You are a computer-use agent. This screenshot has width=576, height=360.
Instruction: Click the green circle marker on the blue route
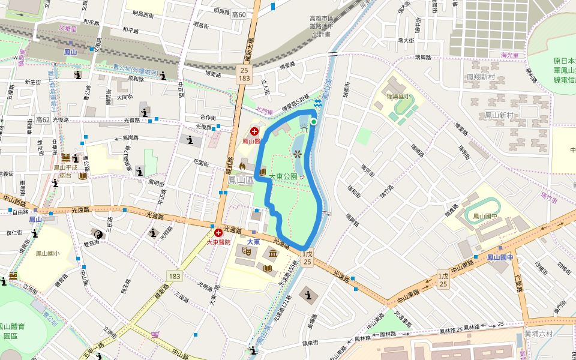[x=313, y=121]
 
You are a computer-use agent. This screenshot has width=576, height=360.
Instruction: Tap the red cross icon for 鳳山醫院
[x=254, y=131]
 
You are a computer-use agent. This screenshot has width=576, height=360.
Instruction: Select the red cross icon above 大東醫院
[x=218, y=233]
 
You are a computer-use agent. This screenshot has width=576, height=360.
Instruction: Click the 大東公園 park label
[x=283, y=177]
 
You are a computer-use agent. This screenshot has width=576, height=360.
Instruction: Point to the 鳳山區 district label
[x=241, y=179]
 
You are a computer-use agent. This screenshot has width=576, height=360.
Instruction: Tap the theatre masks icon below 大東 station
[x=246, y=253]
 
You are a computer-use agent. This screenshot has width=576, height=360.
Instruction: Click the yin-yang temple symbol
[x=99, y=234]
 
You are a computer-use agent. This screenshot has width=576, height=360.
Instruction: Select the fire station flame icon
[x=242, y=166]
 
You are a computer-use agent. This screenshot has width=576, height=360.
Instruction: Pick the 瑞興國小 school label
[x=399, y=96]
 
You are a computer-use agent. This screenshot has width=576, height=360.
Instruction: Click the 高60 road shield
[x=238, y=14]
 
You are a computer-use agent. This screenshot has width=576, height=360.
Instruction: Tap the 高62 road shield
[x=43, y=119]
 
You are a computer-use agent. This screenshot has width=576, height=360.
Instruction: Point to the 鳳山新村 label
[x=499, y=115]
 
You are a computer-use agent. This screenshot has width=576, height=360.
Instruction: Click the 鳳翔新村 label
[x=481, y=77]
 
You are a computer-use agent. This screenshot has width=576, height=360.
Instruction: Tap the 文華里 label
[x=68, y=28]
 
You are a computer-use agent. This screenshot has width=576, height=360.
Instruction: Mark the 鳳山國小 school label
[x=47, y=254]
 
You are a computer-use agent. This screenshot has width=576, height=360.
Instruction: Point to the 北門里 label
[x=264, y=110]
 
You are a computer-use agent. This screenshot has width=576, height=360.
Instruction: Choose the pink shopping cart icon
[x=156, y=335]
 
